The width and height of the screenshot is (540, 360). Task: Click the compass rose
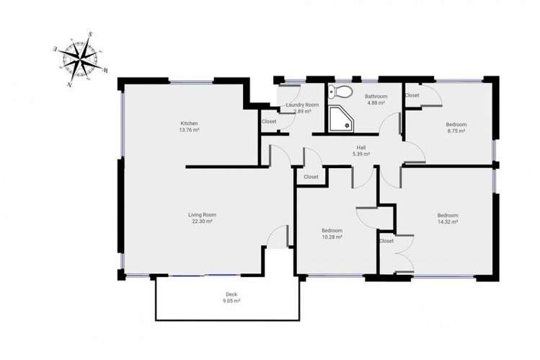[x=81, y=59]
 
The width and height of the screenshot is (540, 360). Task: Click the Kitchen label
[x=190, y=123]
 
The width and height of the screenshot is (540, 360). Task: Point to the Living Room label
[x=203, y=215]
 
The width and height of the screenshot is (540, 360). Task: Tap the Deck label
[x=231, y=294]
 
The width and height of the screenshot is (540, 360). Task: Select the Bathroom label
[x=376, y=97]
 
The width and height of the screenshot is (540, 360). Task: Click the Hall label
[x=361, y=148]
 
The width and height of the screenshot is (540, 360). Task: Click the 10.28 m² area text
[x=332, y=237]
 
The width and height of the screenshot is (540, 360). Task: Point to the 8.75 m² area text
[x=456, y=131]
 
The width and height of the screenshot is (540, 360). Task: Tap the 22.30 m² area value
[x=203, y=221]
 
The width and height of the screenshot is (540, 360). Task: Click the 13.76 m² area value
[x=190, y=130]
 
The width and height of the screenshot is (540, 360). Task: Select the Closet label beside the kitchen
[x=269, y=121]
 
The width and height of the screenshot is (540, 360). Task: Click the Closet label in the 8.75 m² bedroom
[x=412, y=95]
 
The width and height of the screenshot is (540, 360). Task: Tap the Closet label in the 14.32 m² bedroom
[x=386, y=241]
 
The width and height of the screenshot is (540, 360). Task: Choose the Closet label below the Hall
[x=311, y=177]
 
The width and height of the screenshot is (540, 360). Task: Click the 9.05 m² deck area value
[x=231, y=301]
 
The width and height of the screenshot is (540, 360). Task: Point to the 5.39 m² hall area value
[x=361, y=154]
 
